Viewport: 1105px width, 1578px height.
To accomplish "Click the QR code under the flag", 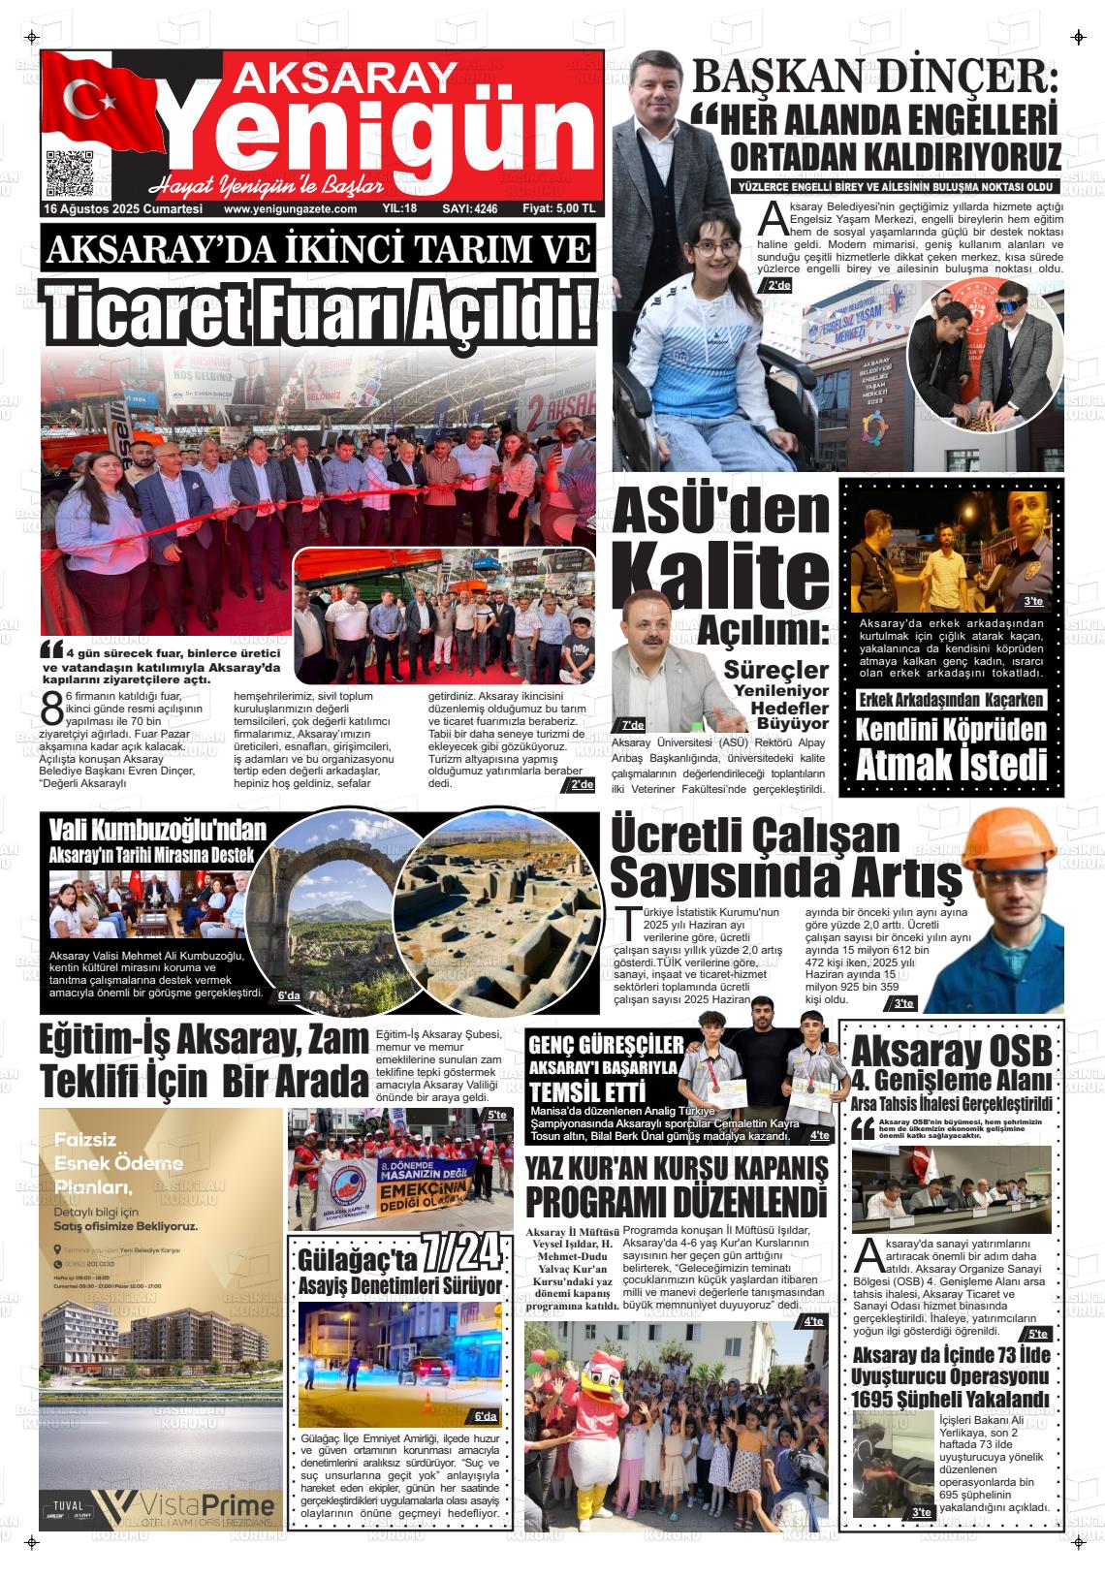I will [70, 174].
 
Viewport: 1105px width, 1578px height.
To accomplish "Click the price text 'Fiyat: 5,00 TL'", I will [558, 208].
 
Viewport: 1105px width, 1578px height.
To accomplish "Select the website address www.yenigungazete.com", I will [290, 208].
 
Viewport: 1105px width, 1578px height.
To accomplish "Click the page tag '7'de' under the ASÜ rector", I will [632, 725].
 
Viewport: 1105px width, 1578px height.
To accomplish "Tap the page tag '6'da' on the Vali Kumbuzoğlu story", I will [289, 995].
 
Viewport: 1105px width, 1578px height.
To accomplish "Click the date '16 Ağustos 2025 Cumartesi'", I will [123, 208].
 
